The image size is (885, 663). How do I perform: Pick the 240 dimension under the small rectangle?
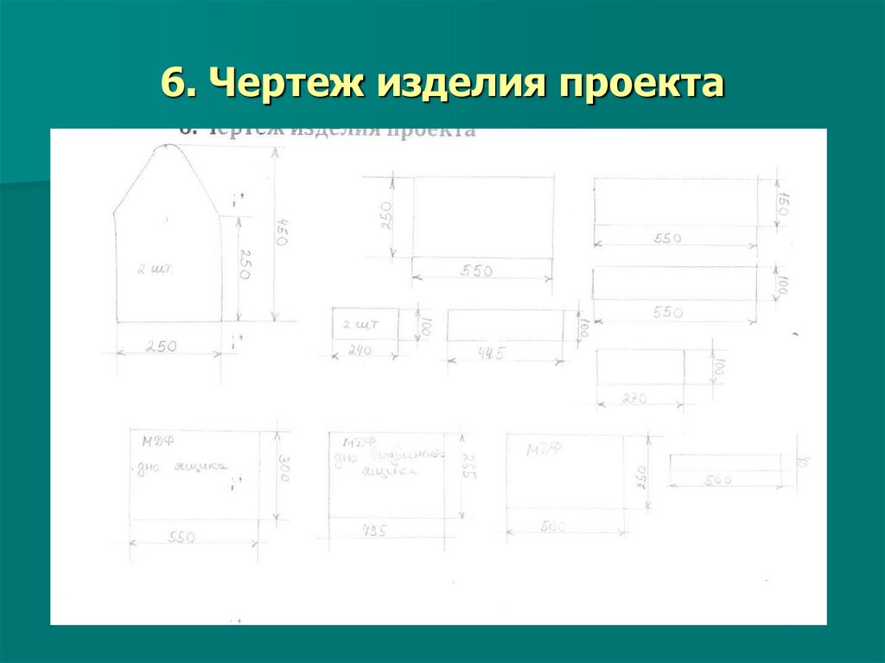coord(360,350)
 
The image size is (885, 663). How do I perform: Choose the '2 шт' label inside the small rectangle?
coord(357,324)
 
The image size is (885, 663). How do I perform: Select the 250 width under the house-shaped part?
coord(161,347)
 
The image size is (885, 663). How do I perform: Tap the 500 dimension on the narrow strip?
coord(716,480)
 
